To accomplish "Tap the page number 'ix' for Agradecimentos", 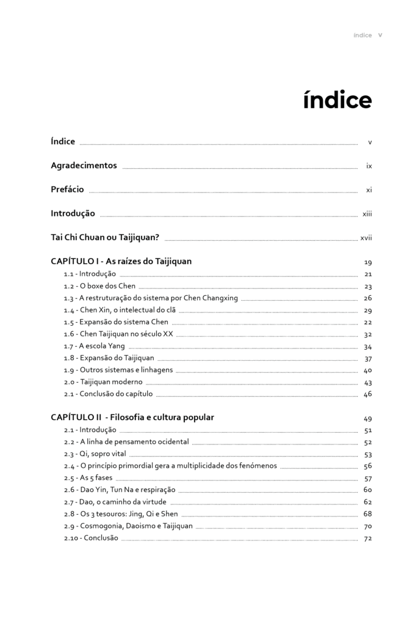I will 369,166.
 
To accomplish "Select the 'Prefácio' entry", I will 67,190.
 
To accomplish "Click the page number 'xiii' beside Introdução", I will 367,214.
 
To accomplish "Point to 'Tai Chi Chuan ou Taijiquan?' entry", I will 105,237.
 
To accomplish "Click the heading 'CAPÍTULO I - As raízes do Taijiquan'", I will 121,261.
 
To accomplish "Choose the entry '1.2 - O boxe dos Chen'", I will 99,285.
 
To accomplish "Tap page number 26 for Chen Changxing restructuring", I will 368,298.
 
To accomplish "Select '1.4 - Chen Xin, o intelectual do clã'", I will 120,310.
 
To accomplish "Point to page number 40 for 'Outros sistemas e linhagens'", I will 368,370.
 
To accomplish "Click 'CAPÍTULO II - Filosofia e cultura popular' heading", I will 132,418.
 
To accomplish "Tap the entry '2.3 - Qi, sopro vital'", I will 95,454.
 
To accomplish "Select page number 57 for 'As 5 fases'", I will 368,478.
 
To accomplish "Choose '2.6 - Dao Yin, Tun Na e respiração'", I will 119,490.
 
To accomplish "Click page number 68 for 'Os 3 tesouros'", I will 368,514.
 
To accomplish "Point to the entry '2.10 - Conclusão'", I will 91,538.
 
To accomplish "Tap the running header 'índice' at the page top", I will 363,35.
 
